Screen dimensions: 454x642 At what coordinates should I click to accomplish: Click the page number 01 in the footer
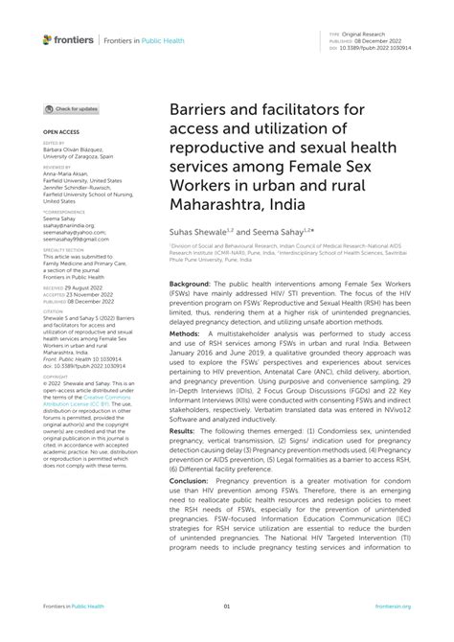227,606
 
